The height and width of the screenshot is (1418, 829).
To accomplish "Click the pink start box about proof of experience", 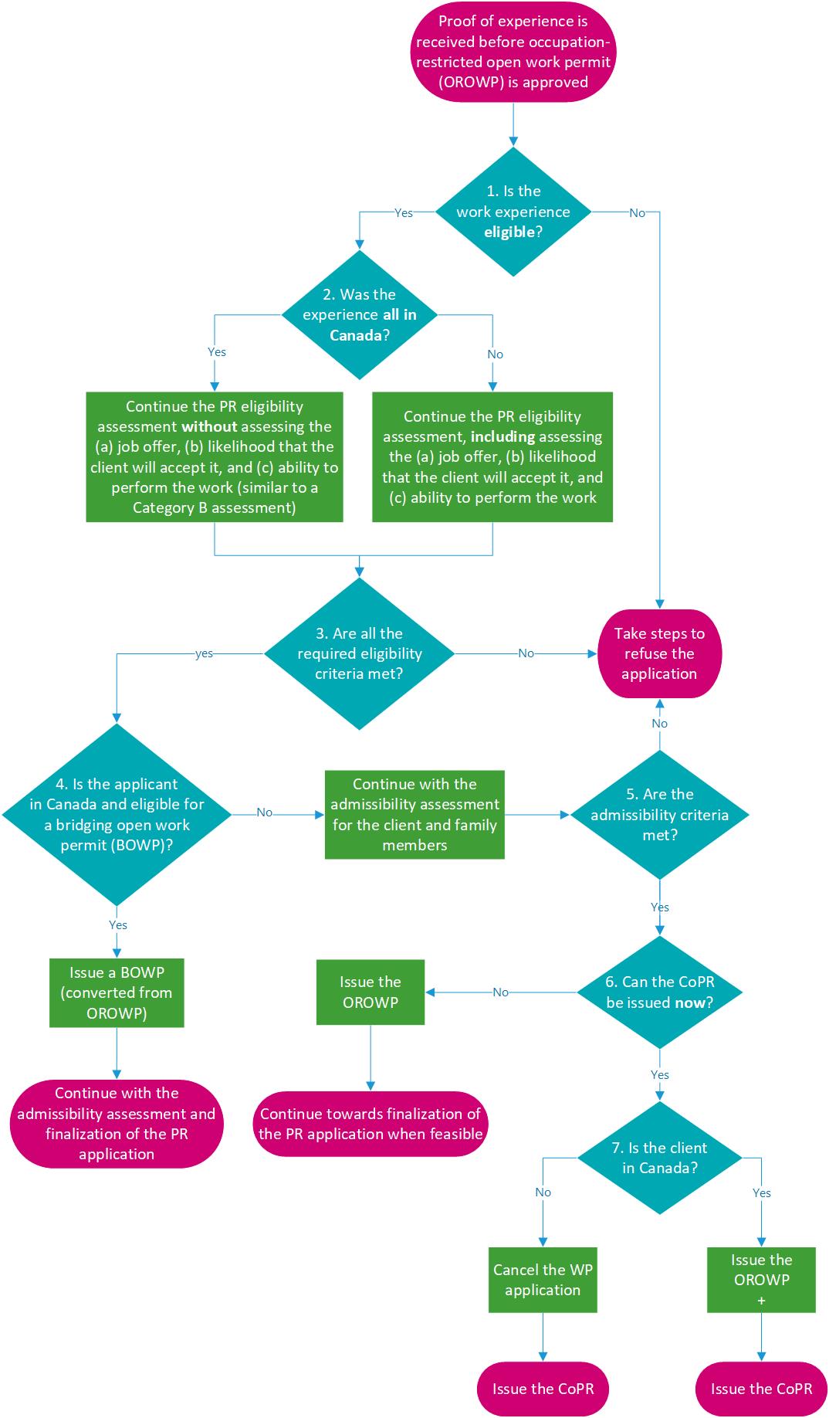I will tap(513, 52).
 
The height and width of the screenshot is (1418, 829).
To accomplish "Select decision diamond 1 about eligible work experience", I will tap(513, 212).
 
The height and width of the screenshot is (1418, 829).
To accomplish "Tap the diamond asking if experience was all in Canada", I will tap(360, 314).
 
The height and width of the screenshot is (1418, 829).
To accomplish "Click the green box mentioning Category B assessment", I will tap(214, 456).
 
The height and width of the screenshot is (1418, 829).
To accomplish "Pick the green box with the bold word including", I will tap(492, 456).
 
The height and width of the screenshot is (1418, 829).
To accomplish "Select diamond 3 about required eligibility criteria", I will tap(360, 653).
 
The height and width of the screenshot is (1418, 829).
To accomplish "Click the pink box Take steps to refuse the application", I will tap(659, 653).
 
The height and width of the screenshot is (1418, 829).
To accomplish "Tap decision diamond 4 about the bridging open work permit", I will tap(117, 814).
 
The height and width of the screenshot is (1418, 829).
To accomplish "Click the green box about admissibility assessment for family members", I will tap(414, 814).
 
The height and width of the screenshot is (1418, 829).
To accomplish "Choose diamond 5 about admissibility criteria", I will tap(659, 814).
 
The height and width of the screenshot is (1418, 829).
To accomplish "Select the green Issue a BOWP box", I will tap(117, 992).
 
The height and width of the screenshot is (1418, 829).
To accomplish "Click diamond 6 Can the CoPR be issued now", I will tap(659, 992).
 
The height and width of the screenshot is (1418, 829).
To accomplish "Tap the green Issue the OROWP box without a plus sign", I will tap(371, 992).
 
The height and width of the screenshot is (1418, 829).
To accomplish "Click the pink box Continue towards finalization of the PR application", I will tap(371, 1124).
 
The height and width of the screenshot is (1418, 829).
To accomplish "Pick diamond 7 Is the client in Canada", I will tap(659, 1158).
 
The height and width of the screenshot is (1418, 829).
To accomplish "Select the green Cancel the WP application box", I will tap(543, 1280).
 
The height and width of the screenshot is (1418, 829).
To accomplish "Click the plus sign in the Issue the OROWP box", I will tap(762, 1301).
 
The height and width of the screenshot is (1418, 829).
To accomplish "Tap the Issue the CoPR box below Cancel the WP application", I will tap(543, 1389).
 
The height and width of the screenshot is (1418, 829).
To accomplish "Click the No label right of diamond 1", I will tap(637, 213).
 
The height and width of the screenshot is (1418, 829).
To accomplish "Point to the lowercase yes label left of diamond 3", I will tap(204, 653).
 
